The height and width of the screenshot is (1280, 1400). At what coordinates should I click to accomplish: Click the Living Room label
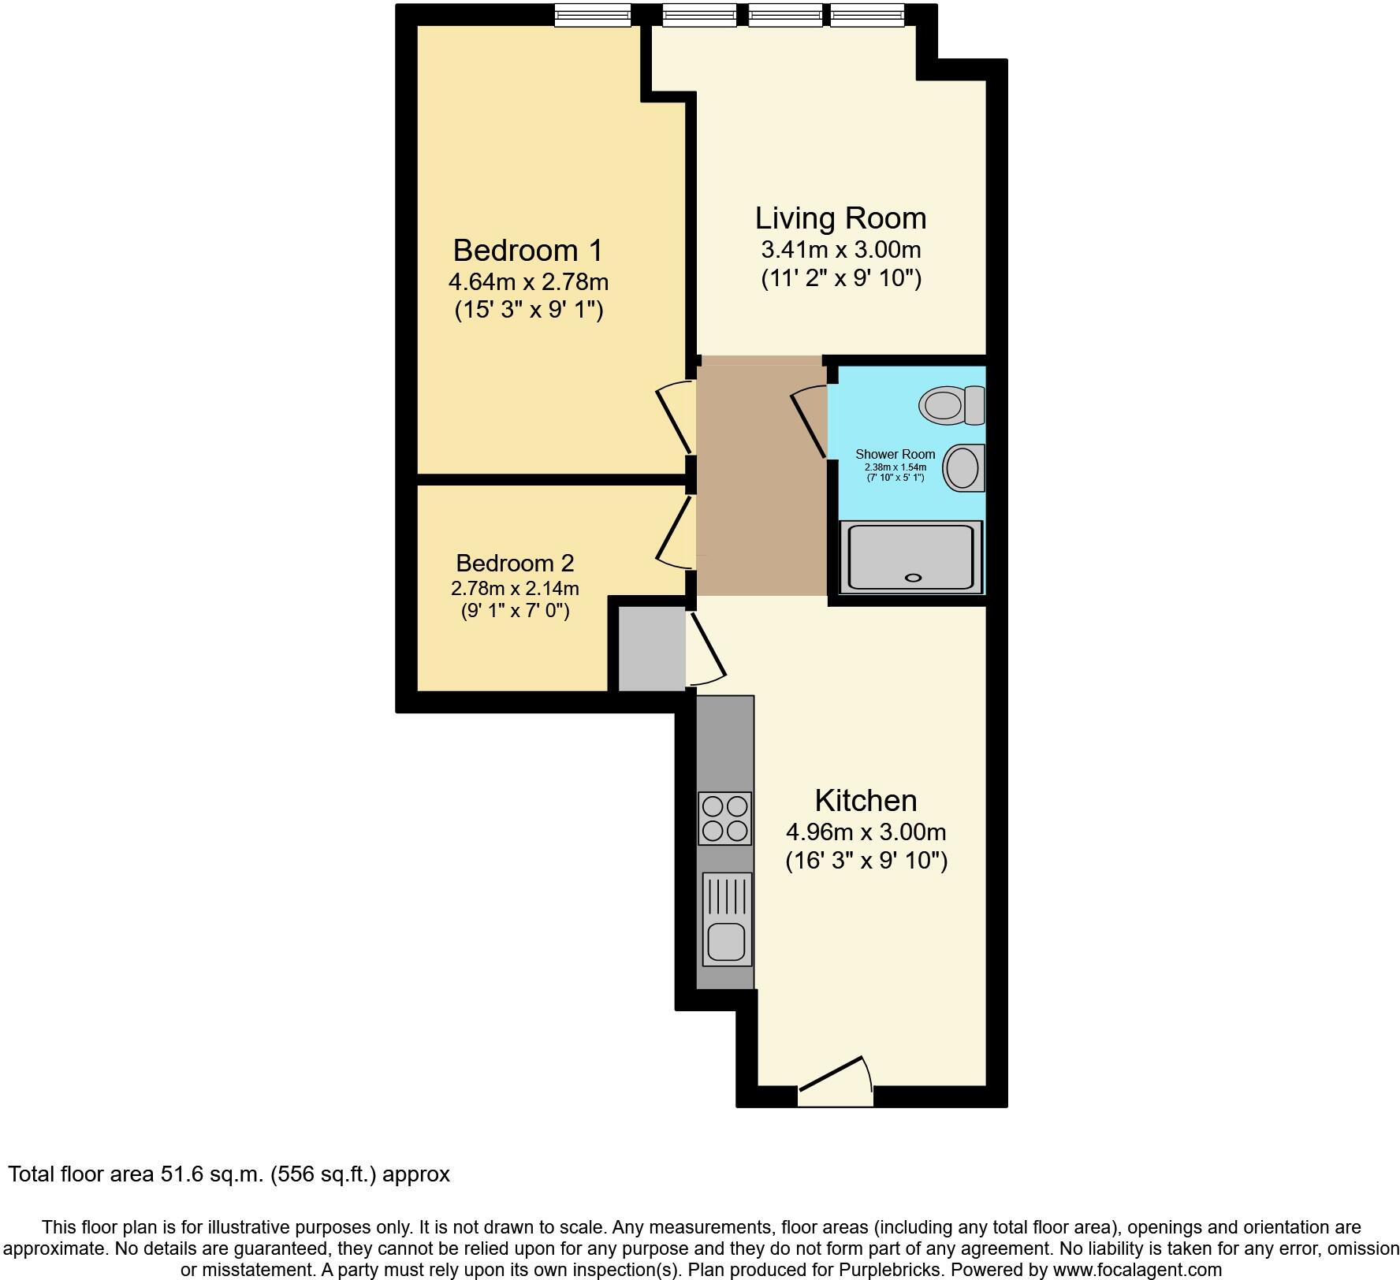point(840,218)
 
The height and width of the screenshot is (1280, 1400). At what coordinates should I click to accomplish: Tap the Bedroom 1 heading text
point(527,251)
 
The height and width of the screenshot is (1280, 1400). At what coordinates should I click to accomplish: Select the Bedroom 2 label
point(515,563)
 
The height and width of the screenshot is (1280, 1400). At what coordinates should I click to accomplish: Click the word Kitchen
point(866,800)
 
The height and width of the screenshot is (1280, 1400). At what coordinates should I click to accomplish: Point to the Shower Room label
point(895,454)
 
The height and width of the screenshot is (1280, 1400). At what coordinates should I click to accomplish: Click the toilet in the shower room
point(951,405)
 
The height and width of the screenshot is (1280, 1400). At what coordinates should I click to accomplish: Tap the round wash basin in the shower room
point(962,468)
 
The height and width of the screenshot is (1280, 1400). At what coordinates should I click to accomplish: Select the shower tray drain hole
point(913,578)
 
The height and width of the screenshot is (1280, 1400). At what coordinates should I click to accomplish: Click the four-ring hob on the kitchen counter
point(724,819)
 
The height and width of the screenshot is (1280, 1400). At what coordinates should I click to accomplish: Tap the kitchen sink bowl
point(725,942)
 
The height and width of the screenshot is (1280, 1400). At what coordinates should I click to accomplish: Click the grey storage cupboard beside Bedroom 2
point(651,649)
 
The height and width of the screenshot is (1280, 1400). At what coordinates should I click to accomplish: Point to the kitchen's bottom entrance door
point(836,1077)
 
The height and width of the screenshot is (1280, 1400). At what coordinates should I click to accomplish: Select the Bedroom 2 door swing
point(674,527)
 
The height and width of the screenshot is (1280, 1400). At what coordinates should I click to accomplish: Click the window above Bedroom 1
point(592,14)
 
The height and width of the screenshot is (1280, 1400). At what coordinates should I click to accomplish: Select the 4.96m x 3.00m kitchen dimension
point(866,832)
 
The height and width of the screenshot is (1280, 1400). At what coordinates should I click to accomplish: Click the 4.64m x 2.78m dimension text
point(527,281)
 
